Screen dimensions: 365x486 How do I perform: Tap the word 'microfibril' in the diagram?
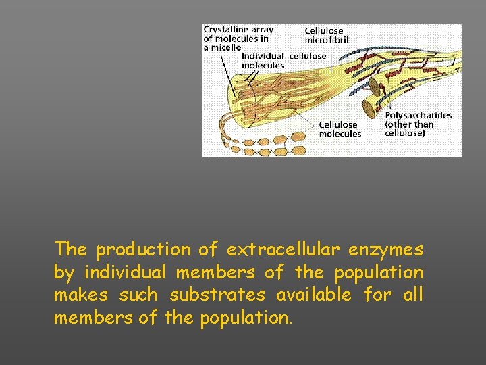click(327, 39)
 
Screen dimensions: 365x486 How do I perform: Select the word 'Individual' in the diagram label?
click(263, 56)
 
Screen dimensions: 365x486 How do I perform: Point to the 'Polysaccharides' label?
click(418, 116)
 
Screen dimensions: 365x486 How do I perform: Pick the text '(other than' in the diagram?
click(409, 124)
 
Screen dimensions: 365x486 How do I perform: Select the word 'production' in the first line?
click(143, 249)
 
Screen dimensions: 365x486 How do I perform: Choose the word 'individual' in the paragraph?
click(124, 272)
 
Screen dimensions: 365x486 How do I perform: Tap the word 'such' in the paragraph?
click(138, 295)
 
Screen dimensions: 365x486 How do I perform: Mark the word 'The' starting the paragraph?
click(70, 249)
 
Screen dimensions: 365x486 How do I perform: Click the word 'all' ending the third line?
click(413, 295)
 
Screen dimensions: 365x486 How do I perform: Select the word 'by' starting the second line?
click(63, 273)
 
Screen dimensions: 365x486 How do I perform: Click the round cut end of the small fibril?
click(370, 106)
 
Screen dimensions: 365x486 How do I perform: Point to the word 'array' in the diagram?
click(261, 30)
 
